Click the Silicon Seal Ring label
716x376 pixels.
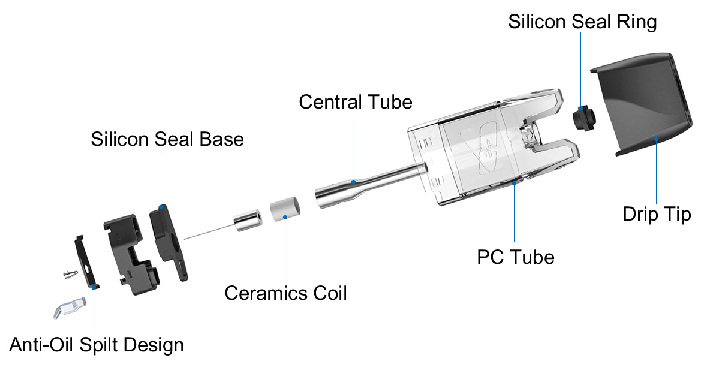coord(582,22)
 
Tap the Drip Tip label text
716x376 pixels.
coord(657,214)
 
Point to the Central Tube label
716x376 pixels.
coord(355,101)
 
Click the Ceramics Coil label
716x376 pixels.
coord(285,294)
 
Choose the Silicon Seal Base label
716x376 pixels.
coord(167,139)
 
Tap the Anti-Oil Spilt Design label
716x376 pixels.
coord(96,345)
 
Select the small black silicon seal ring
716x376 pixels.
coord(580,118)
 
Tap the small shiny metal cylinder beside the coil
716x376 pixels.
coord(248,219)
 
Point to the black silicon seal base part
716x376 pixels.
coord(166,237)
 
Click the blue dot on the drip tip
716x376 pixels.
coord(657,139)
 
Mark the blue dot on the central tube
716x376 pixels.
coord(354,181)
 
